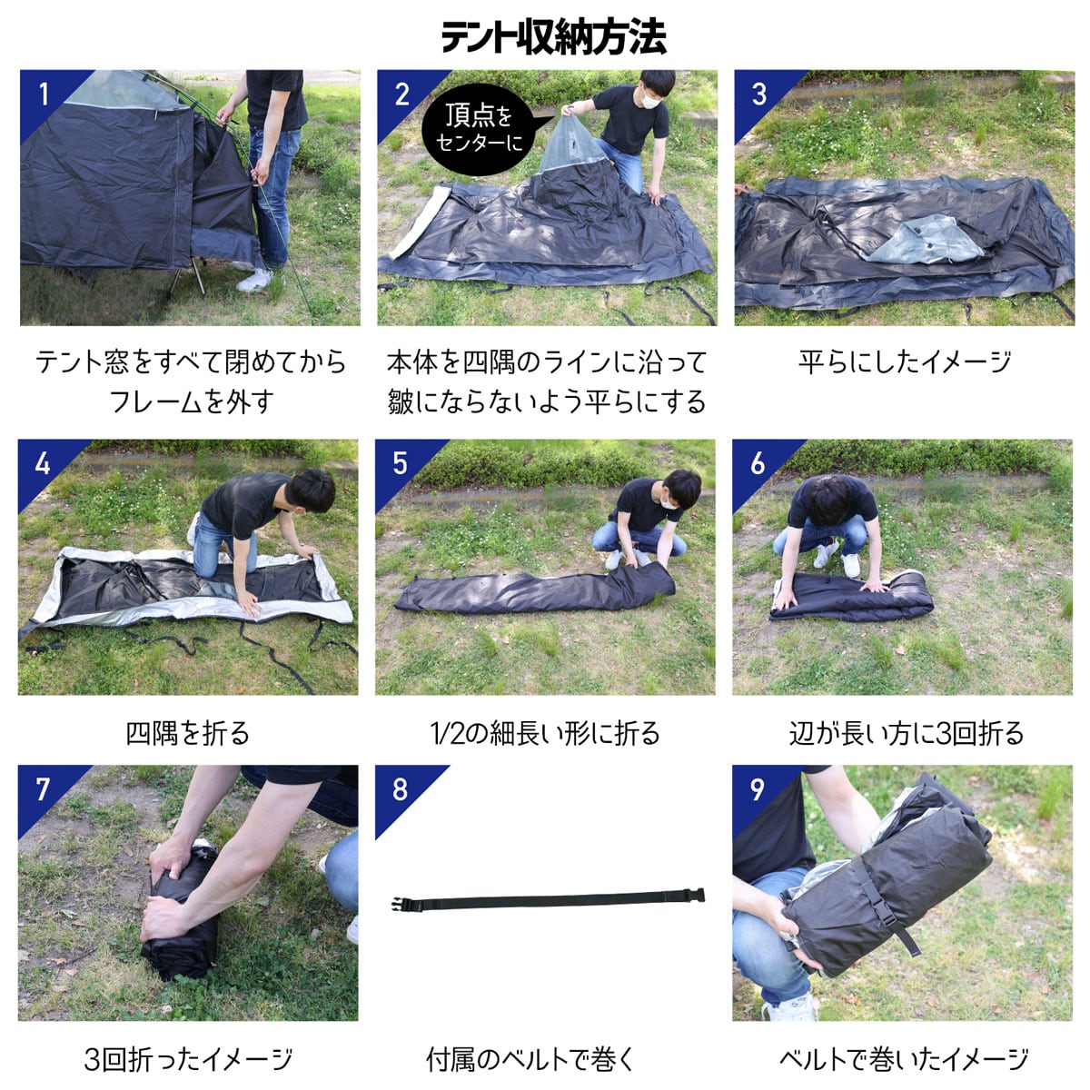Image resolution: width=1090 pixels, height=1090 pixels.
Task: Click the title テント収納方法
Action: pyautogui.click(x=553, y=37)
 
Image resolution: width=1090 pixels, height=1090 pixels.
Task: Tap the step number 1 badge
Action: pyautogui.click(x=43, y=93)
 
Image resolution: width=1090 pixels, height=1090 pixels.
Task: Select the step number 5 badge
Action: pyautogui.click(x=400, y=462)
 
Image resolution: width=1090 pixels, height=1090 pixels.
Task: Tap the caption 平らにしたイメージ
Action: pyautogui.click(x=904, y=362)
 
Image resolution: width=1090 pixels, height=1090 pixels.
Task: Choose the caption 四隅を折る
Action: pyautogui.click(x=187, y=733)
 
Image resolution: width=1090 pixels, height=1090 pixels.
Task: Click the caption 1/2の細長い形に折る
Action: pyautogui.click(x=545, y=733)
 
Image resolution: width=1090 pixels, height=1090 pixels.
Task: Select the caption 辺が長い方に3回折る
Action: pyautogui.click(x=906, y=733)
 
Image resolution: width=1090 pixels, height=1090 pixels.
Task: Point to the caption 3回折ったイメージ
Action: pyautogui.click(x=188, y=1059)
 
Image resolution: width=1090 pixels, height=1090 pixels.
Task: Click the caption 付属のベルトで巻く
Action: pyautogui.click(x=531, y=1059)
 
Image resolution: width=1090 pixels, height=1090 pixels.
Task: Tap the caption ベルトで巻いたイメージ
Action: pyautogui.click(x=904, y=1059)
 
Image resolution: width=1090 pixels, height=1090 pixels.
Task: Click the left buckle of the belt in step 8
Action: pyautogui.click(x=404, y=904)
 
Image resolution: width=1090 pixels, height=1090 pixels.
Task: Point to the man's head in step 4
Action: pyautogui.click(x=310, y=490)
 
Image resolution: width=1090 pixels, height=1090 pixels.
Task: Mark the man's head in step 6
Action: pyautogui.click(x=828, y=498)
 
